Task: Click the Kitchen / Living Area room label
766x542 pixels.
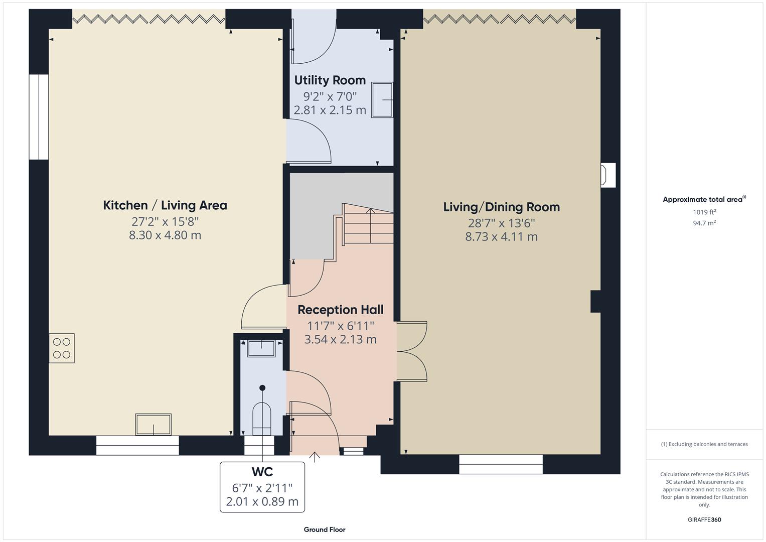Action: click(165, 205)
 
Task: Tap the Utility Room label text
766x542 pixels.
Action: click(330, 80)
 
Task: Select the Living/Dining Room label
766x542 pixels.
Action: click(501, 207)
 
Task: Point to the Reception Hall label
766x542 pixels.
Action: click(340, 310)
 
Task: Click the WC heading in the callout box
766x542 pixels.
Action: click(262, 472)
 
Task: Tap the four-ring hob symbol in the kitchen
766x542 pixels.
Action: click(62, 348)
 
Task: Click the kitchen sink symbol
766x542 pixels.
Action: click(153, 425)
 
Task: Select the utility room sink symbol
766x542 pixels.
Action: click(382, 100)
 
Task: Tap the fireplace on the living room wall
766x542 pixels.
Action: click(608, 175)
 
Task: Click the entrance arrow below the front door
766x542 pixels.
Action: click(315, 457)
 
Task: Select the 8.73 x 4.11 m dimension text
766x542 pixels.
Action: click(501, 237)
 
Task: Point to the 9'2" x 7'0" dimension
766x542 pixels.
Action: click(330, 96)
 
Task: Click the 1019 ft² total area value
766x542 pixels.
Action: click(704, 212)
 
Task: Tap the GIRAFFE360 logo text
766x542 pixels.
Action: click(704, 519)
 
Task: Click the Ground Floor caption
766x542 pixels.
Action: click(325, 529)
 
